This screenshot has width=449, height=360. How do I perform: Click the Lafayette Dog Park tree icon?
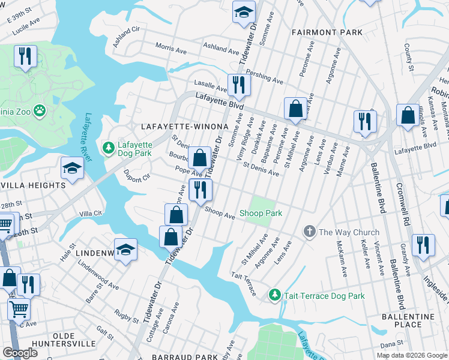click(x=109, y=147)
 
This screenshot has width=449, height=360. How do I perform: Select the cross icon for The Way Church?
click(x=310, y=232)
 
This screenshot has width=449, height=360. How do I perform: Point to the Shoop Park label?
click(x=261, y=213)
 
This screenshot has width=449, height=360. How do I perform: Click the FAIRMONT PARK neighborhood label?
click(x=327, y=31)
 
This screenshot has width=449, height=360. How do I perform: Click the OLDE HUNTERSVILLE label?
click(x=65, y=339)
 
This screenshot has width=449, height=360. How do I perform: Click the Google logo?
click(x=20, y=353)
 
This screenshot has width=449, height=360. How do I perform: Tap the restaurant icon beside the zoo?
click(x=25, y=56)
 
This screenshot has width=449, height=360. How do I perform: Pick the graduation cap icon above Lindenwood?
click(x=126, y=250)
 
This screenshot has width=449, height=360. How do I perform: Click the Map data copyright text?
click(x=412, y=355)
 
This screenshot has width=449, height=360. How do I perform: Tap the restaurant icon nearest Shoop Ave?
click(x=200, y=190)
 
